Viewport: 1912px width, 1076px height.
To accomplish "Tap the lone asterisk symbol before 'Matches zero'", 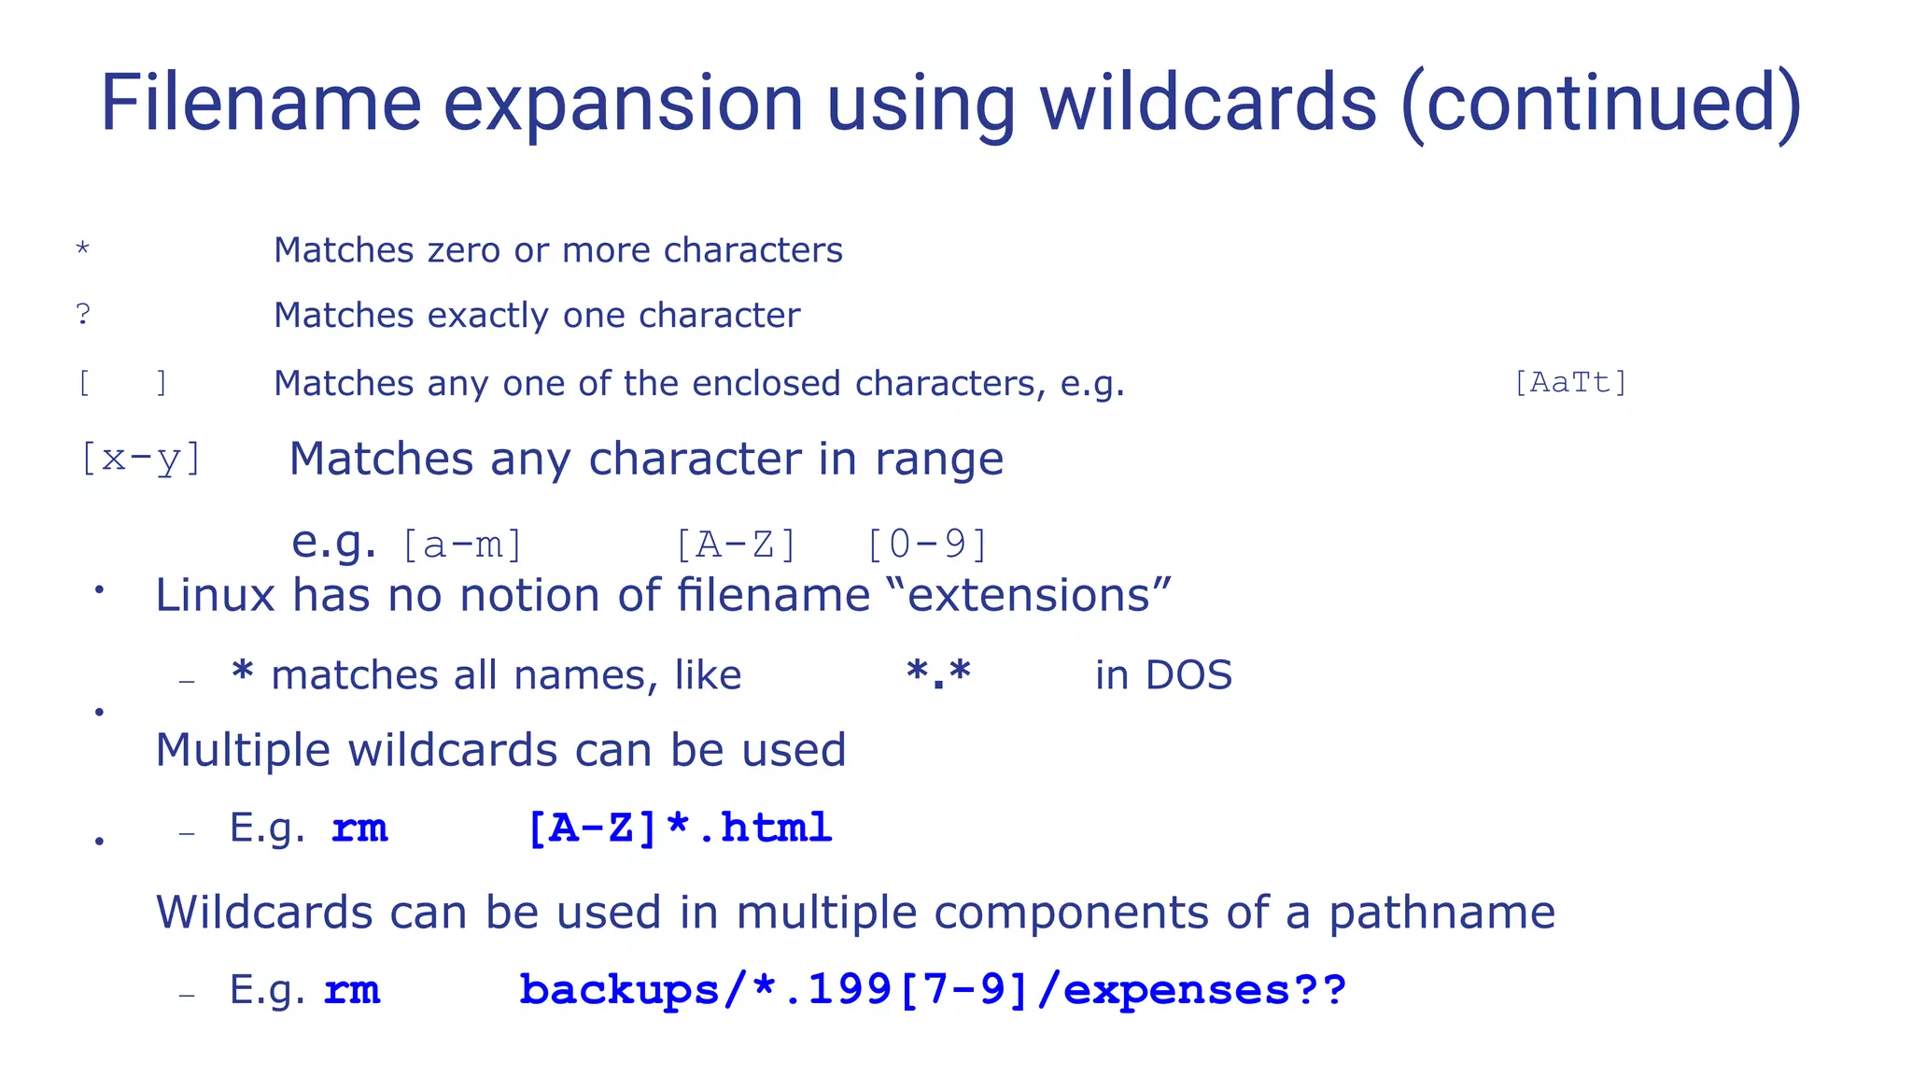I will (x=83, y=249).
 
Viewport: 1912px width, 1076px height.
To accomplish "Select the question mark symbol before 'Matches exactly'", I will (x=83, y=315).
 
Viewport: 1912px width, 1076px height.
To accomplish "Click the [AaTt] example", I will (x=1570, y=382).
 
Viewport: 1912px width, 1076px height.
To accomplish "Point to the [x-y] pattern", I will (x=141, y=459).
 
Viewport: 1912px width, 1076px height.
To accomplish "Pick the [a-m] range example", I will (x=462, y=545).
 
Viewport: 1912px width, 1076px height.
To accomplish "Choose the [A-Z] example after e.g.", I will (x=736, y=545).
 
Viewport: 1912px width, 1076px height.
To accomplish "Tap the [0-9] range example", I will (x=927, y=545).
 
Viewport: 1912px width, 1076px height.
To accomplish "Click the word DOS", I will (x=1188, y=675).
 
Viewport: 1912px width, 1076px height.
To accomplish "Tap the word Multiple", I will (x=243, y=750).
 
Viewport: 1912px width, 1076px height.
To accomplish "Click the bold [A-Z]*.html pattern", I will (x=679, y=828).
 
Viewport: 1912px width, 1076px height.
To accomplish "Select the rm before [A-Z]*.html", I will (x=359, y=828).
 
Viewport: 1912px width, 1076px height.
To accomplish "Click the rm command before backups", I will (x=352, y=990).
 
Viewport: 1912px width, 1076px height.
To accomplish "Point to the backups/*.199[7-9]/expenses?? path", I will (x=932, y=990).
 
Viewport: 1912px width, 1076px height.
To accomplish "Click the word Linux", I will (x=215, y=596).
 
